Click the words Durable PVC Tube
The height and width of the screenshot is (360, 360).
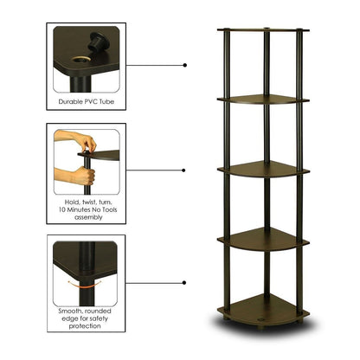[89, 101]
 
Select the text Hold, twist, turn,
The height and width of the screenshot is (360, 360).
[89, 202]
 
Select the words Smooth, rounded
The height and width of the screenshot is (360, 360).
[89, 309]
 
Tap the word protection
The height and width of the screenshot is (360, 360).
[89, 326]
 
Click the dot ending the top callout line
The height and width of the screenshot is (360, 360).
[185, 64]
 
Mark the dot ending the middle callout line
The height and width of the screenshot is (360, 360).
[185, 170]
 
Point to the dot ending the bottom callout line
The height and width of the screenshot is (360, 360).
[185, 282]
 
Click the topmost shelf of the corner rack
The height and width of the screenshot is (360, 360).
[261, 32]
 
